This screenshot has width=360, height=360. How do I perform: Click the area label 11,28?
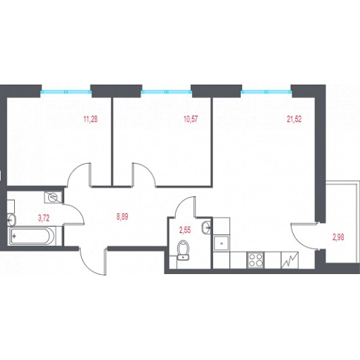[91, 119]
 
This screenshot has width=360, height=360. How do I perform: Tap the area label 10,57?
[191, 119]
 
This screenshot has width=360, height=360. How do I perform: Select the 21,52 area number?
[294, 119]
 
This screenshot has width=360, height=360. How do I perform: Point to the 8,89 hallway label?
[122, 217]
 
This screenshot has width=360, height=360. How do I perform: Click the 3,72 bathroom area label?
[43, 218]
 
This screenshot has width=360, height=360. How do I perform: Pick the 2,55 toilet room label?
[185, 230]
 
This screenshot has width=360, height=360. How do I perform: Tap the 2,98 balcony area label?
[338, 237]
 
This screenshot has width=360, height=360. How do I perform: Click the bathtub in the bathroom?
[31, 236]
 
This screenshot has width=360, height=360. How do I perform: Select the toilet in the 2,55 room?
[183, 250]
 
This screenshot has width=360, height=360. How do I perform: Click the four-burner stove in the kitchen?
[256, 260]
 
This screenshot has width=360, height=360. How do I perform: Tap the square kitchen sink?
[221, 243]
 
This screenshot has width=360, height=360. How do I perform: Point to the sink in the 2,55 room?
[206, 227]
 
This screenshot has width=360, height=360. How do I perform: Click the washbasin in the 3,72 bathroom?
[12, 220]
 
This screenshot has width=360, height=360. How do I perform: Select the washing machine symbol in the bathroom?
[53, 198]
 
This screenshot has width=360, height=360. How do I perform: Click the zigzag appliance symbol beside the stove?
[290, 260]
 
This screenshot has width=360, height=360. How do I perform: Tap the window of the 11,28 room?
[66, 92]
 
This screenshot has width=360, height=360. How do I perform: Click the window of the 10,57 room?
[166, 92]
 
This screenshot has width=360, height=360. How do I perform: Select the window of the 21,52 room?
[267, 92]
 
